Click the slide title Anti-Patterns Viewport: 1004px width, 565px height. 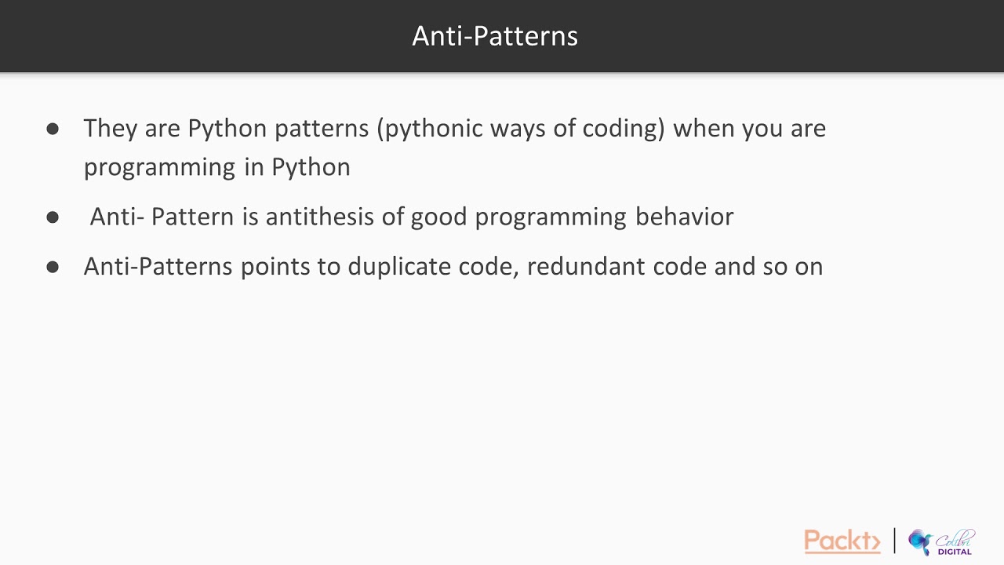point(495,36)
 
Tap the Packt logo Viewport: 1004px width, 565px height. point(842,541)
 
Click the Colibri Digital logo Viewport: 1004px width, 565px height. point(941,542)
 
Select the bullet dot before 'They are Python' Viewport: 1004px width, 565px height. point(53,128)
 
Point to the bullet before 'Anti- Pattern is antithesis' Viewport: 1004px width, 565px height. point(53,217)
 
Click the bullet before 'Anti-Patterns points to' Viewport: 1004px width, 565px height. point(53,267)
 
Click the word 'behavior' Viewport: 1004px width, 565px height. point(684,217)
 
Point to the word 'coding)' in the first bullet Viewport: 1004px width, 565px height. point(623,129)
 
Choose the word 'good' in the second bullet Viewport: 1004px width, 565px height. point(438,217)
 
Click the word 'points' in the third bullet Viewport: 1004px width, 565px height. point(275,267)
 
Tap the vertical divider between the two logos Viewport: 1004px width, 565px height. point(894,541)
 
